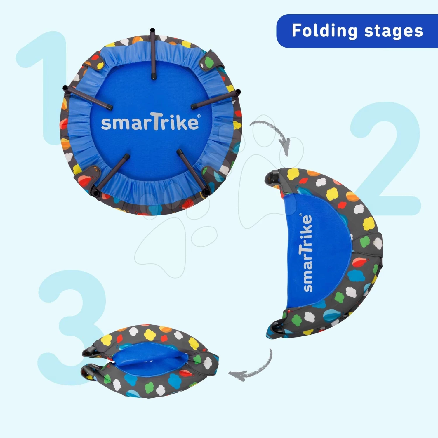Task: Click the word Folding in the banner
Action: (x=324, y=31)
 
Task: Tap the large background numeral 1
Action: (x=44, y=88)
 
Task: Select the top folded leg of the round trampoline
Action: (x=153, y=54)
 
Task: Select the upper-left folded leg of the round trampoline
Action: (x=87, y=98)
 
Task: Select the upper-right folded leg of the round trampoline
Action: (x=216, y=99)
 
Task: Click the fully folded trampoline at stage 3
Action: (x=150, y=361)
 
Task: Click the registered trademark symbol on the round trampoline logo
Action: (x=199, y=116)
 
